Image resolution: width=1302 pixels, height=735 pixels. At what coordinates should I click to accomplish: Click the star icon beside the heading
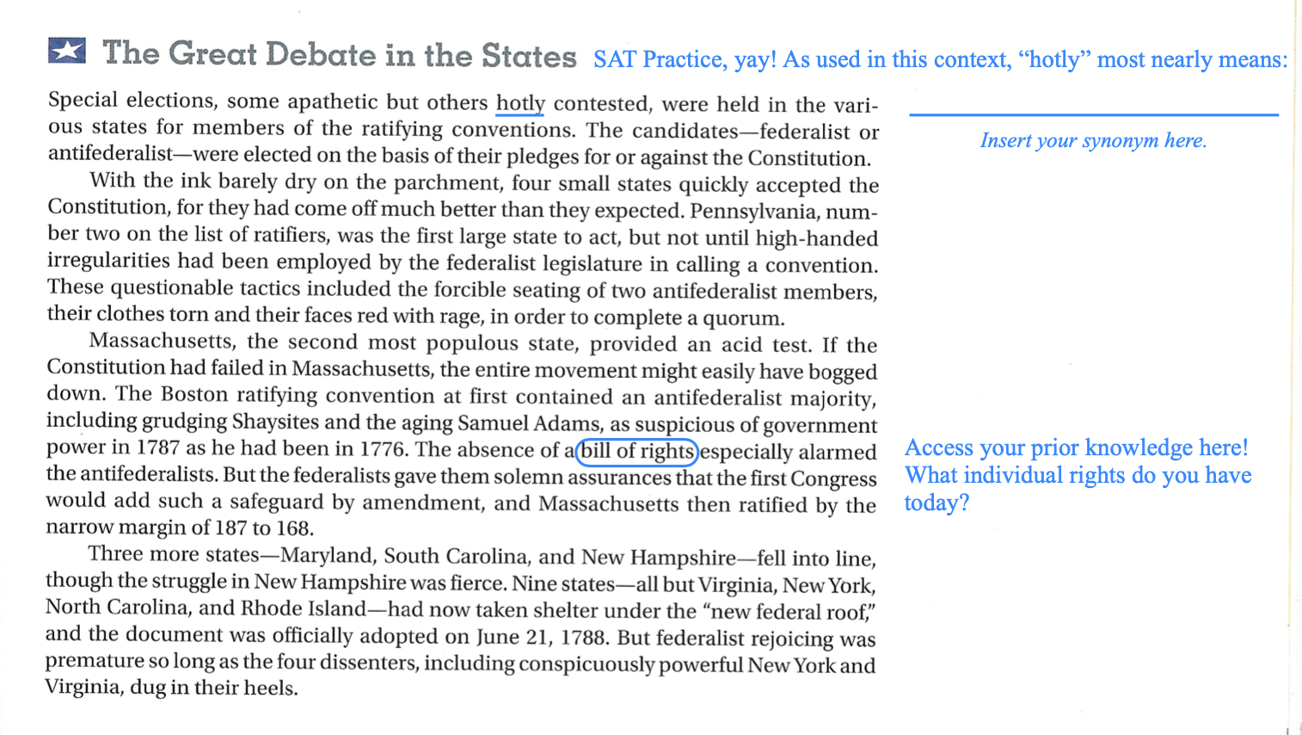(67, 51)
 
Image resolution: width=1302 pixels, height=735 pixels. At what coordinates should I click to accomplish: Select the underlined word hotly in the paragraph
(520, 103)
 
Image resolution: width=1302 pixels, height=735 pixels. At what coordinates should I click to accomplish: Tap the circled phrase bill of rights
(636, 451)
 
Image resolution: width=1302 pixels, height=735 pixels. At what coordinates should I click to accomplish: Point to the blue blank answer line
(1093, 114)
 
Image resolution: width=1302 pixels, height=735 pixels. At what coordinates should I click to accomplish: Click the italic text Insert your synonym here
(1093, 140)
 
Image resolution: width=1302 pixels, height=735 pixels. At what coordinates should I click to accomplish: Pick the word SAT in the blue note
(615, 59)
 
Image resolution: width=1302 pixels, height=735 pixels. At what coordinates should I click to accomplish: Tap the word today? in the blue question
(937, 503)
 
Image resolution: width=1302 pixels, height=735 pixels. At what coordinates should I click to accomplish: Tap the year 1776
(383, 449)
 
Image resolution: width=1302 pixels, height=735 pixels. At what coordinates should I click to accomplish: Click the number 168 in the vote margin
(294, 527)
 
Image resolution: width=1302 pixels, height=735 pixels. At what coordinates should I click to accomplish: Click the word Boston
(195, 395)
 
